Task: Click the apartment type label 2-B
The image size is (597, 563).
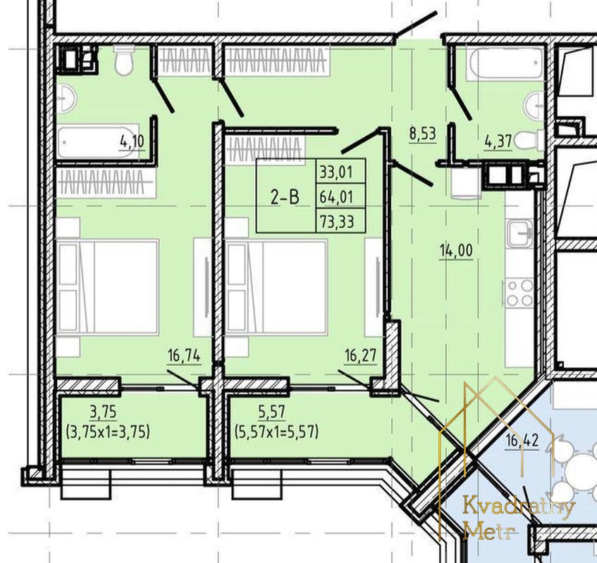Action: pos(285,197)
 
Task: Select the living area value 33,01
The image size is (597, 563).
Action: pos(336,172)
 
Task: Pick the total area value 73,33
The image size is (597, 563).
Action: pos(337,221)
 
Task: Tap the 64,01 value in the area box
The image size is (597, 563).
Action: pos(337,197)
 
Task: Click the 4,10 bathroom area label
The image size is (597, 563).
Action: pos(132,142)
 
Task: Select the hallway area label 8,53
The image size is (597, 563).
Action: pos(422,134)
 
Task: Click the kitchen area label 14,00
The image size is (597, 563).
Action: pos(456,251)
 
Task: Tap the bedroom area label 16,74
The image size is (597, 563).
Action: pos(184,356)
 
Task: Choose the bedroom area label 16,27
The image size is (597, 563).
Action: pos(360,356)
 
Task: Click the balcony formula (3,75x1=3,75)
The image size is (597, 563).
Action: pos(108,432)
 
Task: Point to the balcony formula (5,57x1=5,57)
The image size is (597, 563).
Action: pos(276,432)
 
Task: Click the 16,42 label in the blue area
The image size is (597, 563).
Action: pos(522,441)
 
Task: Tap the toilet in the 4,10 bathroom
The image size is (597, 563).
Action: pos(124,60)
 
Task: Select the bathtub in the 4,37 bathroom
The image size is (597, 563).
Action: pos(505,63)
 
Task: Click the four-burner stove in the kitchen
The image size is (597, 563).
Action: pos(520,292)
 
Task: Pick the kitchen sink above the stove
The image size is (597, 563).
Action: pos(519,234)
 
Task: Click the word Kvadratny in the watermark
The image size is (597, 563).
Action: pos(519,508)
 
